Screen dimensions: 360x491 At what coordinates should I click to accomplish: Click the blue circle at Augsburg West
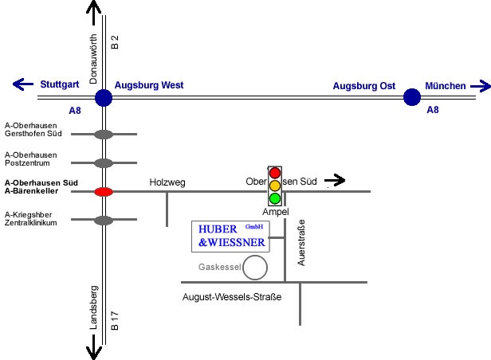click(x=104, y=98)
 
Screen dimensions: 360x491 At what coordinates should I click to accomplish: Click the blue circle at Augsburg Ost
click(x=411, y=97)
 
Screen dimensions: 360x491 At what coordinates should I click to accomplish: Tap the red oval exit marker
click(x=104, y=191)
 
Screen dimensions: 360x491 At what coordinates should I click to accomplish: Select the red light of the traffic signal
click(x=275, y=172)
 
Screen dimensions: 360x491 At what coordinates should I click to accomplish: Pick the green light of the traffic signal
click(x=275, y=198)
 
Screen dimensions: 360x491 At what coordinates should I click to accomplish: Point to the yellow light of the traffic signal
click(x=275, y=185)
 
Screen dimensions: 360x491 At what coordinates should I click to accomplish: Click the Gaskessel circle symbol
click(x=254, y=268)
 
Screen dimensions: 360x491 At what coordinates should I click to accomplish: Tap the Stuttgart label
click(x=59, y=84)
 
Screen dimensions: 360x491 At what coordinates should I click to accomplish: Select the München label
click(x=446, y=85)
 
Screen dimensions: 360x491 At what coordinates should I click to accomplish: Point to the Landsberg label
click(x=92, y=307)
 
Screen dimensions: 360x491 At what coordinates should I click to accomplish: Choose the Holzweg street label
click(x=167, y=182)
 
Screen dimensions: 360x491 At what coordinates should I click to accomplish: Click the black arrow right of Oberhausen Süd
click(x=336, y=181)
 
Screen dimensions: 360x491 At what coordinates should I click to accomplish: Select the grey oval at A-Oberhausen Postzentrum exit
click(x=104, y=163)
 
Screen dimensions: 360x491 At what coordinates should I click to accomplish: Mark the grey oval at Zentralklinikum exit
click(x=104, y=220)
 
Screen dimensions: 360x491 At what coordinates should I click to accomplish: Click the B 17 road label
click(x=115, y=319)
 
